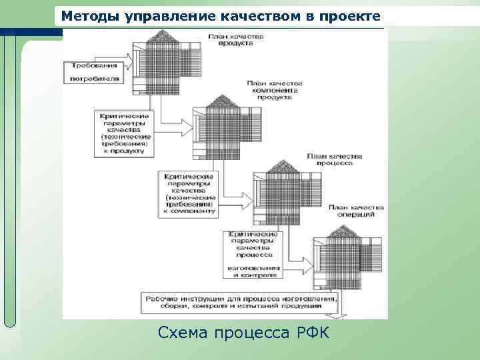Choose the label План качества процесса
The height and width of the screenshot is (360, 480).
[335, 159]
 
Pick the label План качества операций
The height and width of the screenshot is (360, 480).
[355, 211]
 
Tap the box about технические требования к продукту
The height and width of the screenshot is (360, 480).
[124, 133]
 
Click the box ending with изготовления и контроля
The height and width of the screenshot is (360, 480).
[254, 254]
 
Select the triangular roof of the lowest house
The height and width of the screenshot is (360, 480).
[342, 231]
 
